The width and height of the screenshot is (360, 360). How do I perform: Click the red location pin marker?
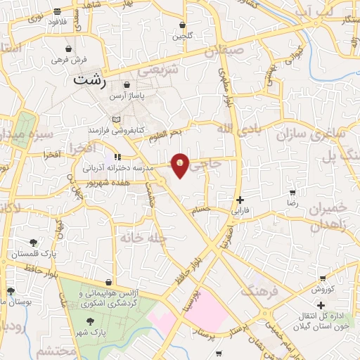pyautogui.click(x=181, y=165)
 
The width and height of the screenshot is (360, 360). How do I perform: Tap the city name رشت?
pyautogui.click(x=91, y=80)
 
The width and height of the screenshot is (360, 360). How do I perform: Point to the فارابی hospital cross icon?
pyautogui.click(x=240, y=200)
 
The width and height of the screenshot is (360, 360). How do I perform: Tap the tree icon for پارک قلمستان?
pyautogui.click(x=33, y=243)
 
